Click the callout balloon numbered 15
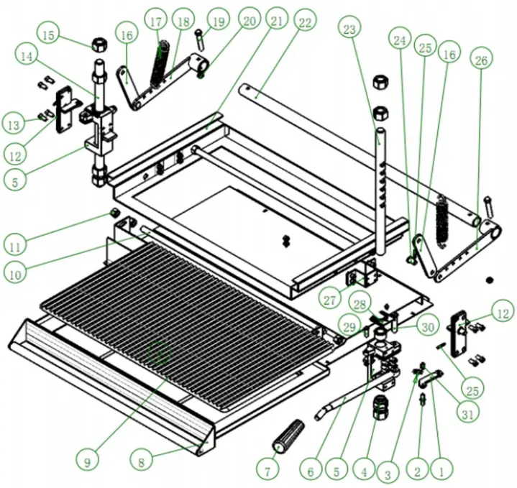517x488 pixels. (49, 34)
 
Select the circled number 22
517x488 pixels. (305, 23)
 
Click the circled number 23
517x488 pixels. (349, 29)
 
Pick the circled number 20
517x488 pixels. (249, 21)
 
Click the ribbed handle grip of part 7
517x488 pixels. (287, 434)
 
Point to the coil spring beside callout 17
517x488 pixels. (162, 65)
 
